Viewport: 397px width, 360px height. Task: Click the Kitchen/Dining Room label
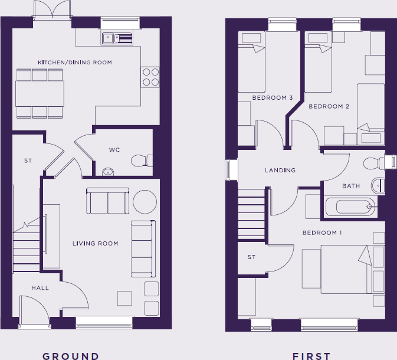tap(75, 63)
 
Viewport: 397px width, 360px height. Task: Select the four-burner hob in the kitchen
tap(150, 77)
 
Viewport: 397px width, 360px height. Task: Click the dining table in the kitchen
tap(40, 93)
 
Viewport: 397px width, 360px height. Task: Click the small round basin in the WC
tap(107, 172)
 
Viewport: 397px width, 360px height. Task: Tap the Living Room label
tap(96, 243)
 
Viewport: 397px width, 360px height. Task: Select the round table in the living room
tap(145, 201)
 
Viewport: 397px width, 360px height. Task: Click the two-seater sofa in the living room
tap(107, 201)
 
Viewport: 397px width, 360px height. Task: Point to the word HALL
tap(40, 288)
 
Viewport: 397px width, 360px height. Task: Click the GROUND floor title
tap(71, 356)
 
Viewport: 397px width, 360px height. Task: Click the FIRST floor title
tap(311, 356)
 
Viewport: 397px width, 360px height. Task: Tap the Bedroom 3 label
tap(273, 97)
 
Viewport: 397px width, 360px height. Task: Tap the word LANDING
tap(280, 170)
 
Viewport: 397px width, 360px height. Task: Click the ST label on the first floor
tap(252, 257)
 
